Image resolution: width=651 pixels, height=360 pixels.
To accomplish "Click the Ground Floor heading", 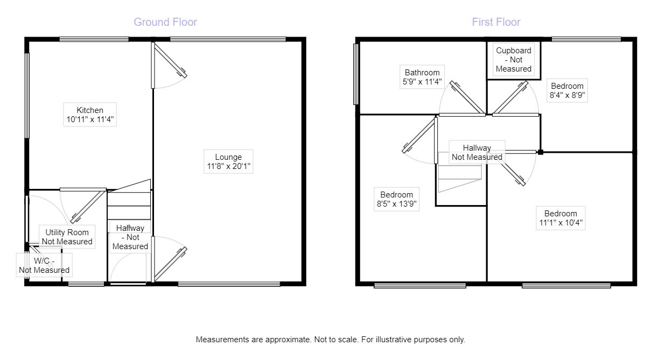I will tap(165, 22).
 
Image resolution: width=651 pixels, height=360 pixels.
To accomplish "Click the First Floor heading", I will tap(496, 22).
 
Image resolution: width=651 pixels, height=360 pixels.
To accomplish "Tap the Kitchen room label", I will tap(89, 110).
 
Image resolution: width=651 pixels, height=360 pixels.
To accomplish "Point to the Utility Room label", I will tap(67, 232).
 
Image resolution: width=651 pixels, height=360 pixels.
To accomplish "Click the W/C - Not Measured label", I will tap(44, 265).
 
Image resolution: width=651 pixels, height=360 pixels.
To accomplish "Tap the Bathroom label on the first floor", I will tap(422, 73).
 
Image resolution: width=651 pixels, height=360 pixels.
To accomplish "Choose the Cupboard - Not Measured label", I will tap(513, 60).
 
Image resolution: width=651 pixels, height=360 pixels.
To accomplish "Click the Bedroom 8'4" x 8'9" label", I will tap(566, 91).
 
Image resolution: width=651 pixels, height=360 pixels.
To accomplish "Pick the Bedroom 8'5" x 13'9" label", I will tap(396, 199).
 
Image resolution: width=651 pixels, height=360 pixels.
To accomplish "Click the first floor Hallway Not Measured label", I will tap(477, 152).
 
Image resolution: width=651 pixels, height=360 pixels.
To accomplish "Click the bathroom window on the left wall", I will tap(356, 73).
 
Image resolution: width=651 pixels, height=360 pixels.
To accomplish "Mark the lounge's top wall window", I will tap(227, 39).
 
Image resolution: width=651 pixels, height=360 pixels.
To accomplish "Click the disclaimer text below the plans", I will tap(330, 340).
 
